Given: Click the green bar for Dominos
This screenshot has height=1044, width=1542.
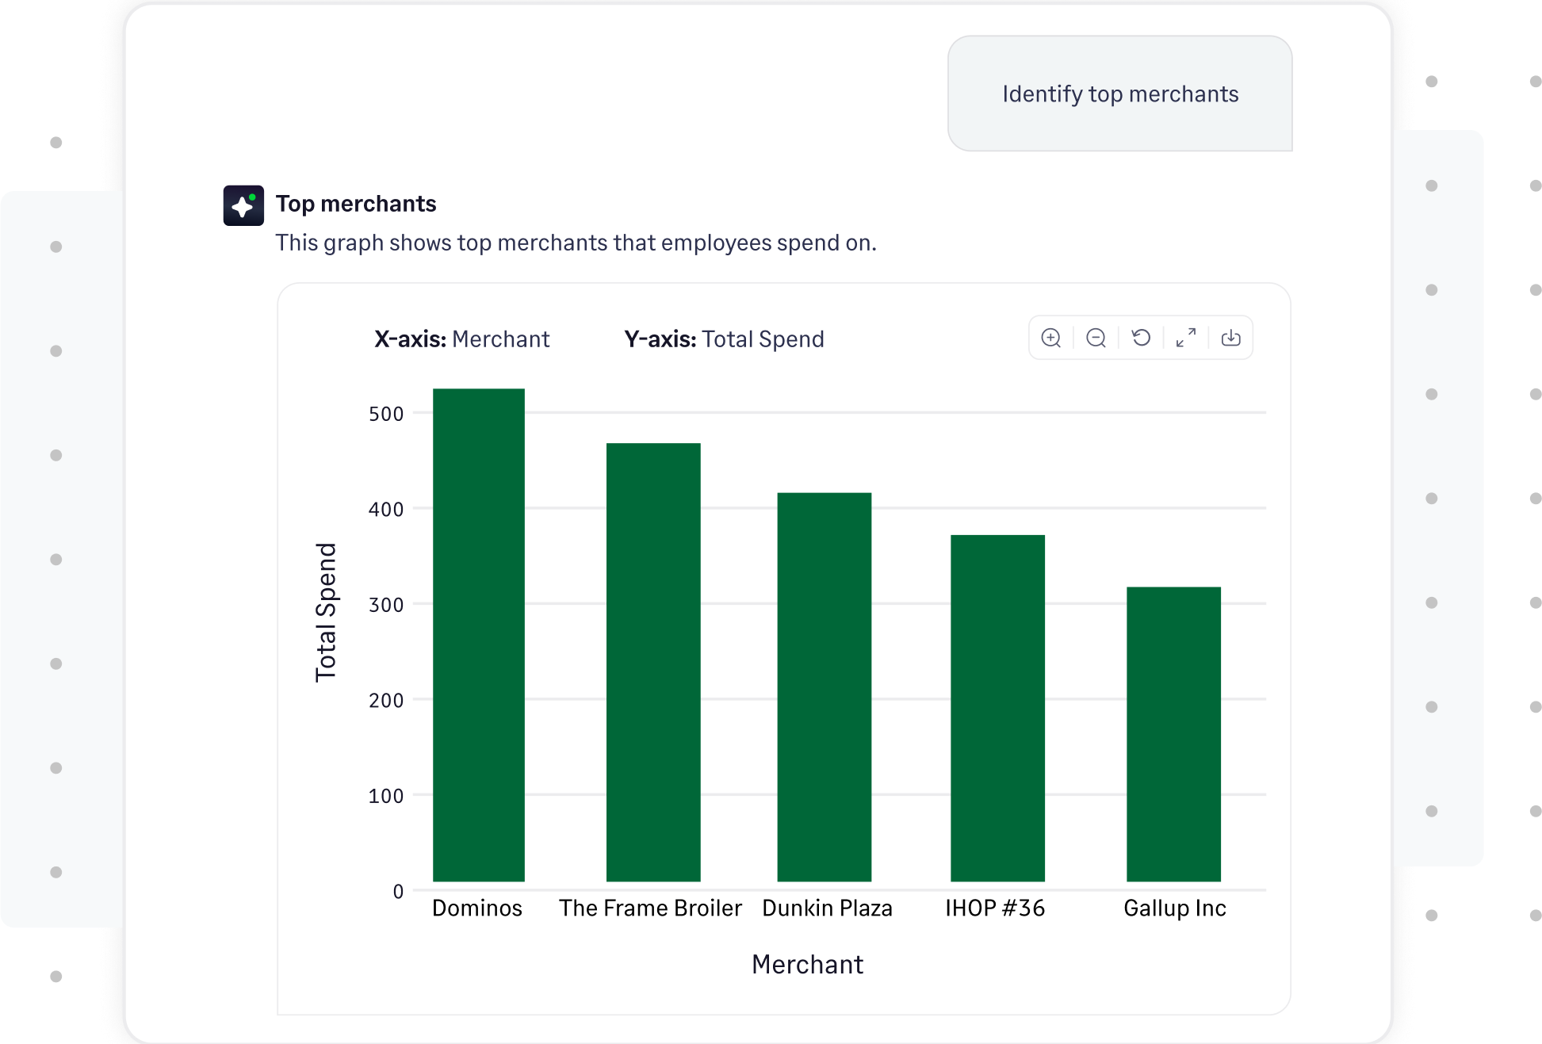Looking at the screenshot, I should coord(478,634).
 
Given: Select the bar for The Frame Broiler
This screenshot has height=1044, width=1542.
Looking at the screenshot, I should coord(652,662).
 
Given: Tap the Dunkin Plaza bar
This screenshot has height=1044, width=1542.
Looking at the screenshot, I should coord(824,686).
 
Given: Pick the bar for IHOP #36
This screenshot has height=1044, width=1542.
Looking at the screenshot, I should coord(997,708).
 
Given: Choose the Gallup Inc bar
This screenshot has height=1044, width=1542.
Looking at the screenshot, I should coord(1173,733).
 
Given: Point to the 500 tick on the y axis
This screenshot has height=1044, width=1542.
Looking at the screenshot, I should coord(386,414).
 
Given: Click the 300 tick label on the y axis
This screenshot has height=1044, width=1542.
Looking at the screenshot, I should coord(386,605).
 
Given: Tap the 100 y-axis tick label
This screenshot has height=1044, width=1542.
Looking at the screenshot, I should coord(386,796).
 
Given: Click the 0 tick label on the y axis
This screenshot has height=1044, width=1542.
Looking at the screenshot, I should coord(398,891).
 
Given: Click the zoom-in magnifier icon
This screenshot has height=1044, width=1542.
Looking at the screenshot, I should coord(1051,338).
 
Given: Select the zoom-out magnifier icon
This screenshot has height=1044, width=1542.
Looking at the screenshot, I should coord(1096,338).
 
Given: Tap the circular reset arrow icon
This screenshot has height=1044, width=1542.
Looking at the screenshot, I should coord(1141,338).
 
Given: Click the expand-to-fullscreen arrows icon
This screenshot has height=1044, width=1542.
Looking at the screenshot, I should coord(1186,338).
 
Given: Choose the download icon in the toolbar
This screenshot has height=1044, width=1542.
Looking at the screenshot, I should coord(1230,338).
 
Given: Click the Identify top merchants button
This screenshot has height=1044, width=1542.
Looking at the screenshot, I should coord(1119,94).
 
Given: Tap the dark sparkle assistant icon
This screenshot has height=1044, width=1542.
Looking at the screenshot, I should coord(243,205).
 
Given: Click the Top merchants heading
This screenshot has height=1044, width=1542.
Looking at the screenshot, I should coord(356,204).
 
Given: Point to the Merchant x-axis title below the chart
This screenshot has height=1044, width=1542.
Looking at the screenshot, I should coord(807,964).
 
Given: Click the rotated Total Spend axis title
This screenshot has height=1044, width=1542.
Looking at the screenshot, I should coord(326,612).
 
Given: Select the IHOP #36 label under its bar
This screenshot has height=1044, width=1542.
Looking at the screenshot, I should coord(995,908).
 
